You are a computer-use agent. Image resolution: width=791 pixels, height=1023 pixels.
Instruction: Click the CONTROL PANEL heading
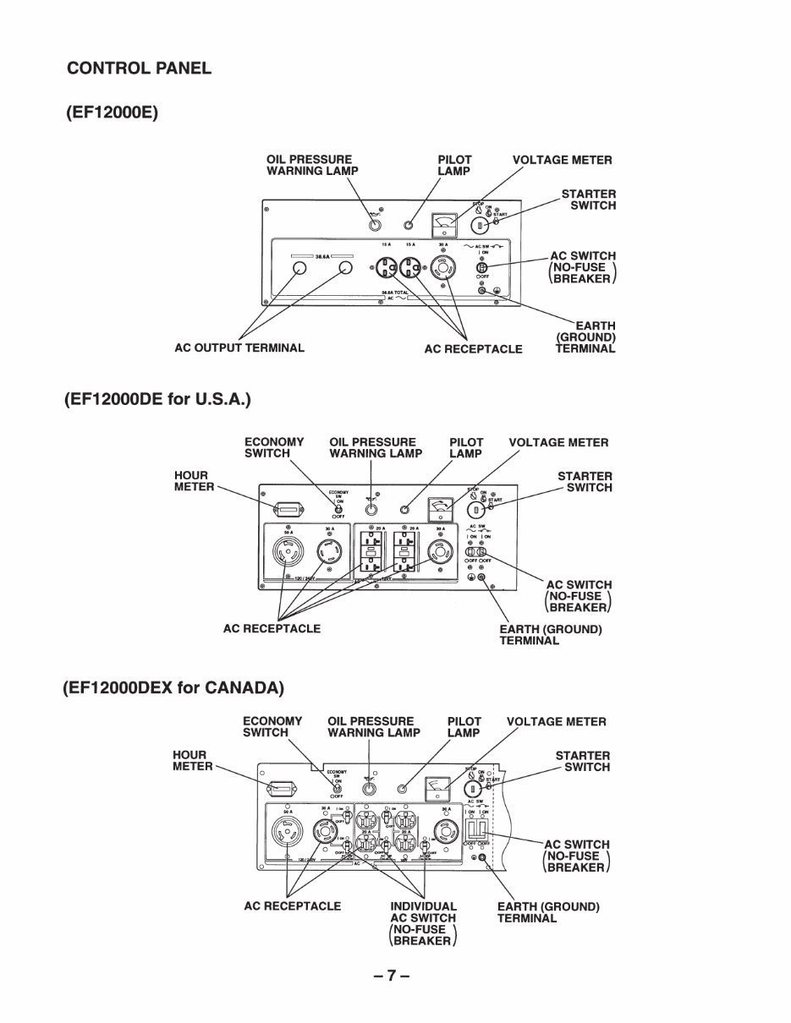pyautogui.click(x=139, y=68)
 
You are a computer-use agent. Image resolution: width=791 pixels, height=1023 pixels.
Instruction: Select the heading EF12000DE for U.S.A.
pyautogui.click(x=158, y=398)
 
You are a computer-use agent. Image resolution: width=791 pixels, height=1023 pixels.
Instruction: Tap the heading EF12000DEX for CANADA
pyautogui.click(x=173, y=687)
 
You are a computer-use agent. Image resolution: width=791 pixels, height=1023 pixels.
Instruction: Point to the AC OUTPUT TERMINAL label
pyautogui.click(x=239, y=347)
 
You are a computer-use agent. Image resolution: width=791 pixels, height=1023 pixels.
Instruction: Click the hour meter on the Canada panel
pyautogui.click(x=282, y=790)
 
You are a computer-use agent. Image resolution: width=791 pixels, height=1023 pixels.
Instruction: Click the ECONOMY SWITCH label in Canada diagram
pyautogui.click(x=272, y=727)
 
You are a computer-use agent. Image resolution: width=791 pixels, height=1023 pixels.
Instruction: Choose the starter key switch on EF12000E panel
pyautogui.click(x=478, y=226)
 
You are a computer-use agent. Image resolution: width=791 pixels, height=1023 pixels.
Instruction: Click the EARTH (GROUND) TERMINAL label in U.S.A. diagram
pyautogui.click(x=550, y=635)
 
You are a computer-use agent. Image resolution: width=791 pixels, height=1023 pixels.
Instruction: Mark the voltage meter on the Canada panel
pyautogui.click(x=437, y=788)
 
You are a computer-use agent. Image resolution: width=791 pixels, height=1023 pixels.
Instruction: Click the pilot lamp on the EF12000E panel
pyautogui.click(x=409, y=226)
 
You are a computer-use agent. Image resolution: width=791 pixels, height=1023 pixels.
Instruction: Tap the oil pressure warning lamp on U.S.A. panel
pyautogui.click(x=371, y=509)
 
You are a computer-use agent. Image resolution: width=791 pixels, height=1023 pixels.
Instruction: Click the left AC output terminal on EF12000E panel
pyautogui.click(x=299, y=269)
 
